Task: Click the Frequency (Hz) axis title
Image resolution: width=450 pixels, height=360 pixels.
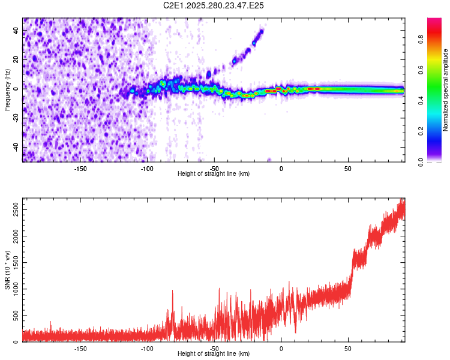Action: pos(7,90)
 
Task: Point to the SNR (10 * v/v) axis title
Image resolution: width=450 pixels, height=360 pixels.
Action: pos(7,270)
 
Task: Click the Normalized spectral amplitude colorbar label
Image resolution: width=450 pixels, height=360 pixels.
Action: pos(446,90)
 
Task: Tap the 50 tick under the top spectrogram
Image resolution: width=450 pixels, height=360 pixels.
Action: pos(348,168)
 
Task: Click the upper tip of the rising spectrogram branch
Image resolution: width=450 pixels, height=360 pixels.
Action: pos(262,30)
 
